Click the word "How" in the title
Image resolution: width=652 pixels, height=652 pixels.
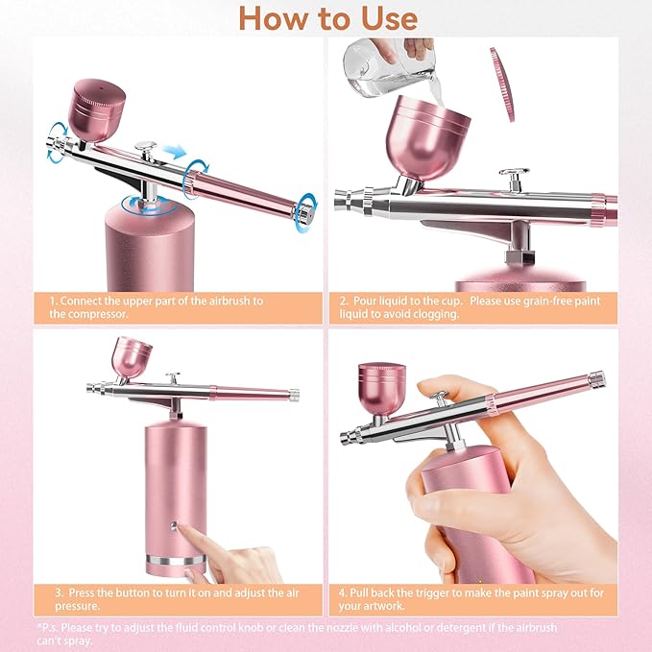(x=275, y=19)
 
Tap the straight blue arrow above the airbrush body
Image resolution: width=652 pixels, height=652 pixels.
(x=174, y=152)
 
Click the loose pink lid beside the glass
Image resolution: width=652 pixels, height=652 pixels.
(x=502, y=85)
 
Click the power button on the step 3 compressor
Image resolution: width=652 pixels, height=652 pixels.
(x=174, y=526)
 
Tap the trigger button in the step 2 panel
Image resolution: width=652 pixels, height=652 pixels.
(x=515, y=180)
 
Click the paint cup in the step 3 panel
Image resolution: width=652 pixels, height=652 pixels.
(x=132, y=357)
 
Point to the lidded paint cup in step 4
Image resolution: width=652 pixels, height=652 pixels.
(x=381, y=389)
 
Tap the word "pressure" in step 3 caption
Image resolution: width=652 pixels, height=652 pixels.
(x=78, y=606)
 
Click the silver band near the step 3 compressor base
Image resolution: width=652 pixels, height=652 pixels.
(x=175, y=560)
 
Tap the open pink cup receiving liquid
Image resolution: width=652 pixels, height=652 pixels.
(x=427, y=137)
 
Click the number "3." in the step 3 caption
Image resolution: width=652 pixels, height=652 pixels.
(x=60, y=592)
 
